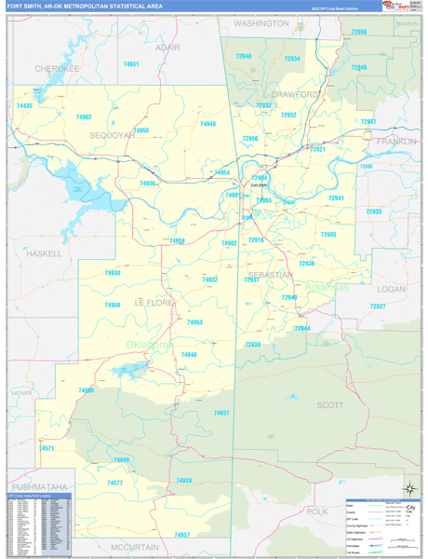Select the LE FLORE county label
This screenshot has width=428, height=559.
pos(154,303)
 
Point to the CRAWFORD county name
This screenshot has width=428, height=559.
pos(296,95)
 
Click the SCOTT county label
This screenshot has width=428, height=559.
pos(330,405)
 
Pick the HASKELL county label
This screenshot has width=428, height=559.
pos(44,253)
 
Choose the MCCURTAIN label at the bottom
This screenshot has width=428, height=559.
pos(135,547)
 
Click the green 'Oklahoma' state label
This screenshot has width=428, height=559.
pos(150,345)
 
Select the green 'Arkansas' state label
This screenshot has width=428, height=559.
pos(325,287)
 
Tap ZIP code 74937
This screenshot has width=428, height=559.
pos(221,413)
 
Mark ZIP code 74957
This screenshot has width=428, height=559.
pos(181,535)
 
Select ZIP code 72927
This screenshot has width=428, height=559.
pos(377,307)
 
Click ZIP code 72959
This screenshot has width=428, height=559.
pos(358,32)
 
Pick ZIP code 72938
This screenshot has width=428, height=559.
pos(253,345)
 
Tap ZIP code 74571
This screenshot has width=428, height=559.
pos(47,448)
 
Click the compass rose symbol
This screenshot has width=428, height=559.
pos(408,488)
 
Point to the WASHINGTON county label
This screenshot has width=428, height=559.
pos(261,22)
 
